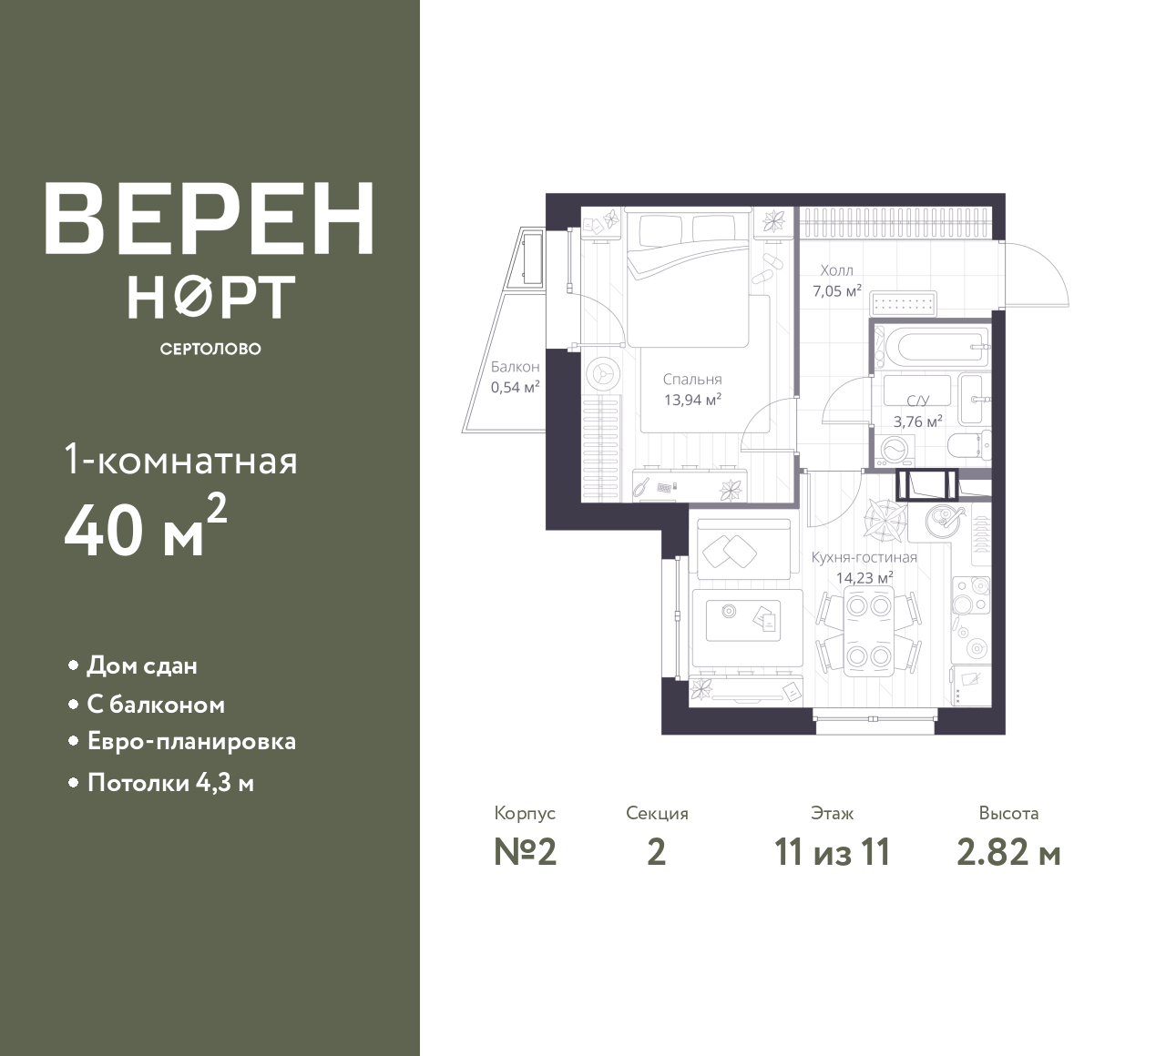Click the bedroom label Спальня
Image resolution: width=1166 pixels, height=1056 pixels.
[692, 380]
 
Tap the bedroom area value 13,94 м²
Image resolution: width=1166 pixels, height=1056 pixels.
[693, 400]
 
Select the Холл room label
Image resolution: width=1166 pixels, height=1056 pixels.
[836, 270]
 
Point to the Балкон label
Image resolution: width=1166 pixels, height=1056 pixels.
[515, 367]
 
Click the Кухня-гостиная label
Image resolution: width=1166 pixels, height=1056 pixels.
[864, 557]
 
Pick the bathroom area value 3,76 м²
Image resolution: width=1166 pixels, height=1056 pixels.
[918, 421]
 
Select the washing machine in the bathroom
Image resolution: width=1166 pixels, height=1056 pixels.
[895, 450]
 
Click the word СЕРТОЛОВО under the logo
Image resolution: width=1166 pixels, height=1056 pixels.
[210, 349]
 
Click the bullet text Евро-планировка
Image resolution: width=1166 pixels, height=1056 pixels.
[191, 742]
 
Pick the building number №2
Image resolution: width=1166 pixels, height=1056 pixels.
[526, 853]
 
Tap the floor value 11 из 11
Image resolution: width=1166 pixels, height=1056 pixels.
[833, 853]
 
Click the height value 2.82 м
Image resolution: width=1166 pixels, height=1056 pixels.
[1009, 854]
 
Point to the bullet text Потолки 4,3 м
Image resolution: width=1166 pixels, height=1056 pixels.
[170, 784]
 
